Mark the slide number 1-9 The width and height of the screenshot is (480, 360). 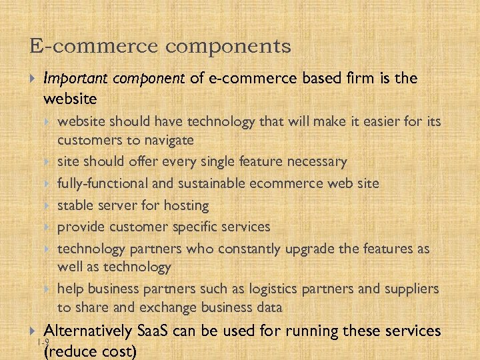43,342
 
